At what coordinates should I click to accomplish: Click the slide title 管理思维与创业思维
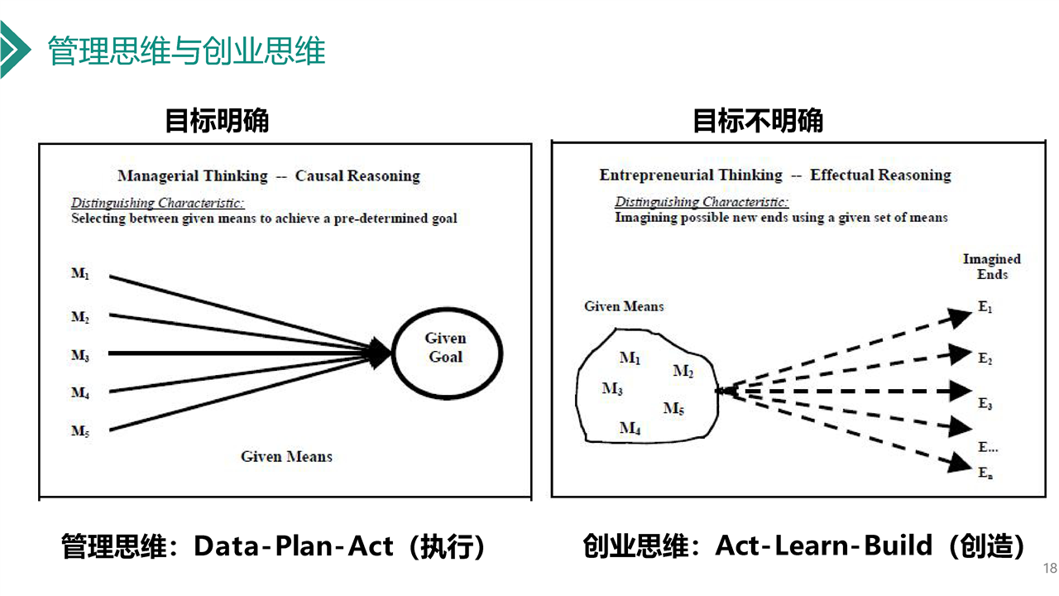click(x=186, y=51)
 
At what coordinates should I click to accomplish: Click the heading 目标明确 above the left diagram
click(x=217, y=121)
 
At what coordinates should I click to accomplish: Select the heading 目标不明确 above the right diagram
click(x=757, y=121)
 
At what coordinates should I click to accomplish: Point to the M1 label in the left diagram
click(x=80, y=274)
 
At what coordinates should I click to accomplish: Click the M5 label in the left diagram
click(x=80, y=431)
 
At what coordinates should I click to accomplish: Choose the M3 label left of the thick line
click(x=80, y=356)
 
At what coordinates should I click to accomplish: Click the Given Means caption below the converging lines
click(x=286, y=456)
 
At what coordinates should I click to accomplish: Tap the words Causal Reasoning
click(x=357, y=175)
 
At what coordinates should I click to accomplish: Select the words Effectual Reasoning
click(x=880, y=175)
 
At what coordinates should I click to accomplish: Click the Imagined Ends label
click(x=991, y=267)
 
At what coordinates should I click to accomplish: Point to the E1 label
click(x=985, y=308)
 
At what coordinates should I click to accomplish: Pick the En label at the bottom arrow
click(x=985, y=473)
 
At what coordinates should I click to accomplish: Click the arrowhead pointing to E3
click(x=960, y=391)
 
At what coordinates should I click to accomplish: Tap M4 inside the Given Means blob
click(x=630, y=429)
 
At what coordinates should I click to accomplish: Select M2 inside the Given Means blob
click(x=683, y=372)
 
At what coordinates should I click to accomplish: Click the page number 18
click(x=1050, y=568)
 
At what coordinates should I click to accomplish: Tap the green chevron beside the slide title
click(x=13, y=50)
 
